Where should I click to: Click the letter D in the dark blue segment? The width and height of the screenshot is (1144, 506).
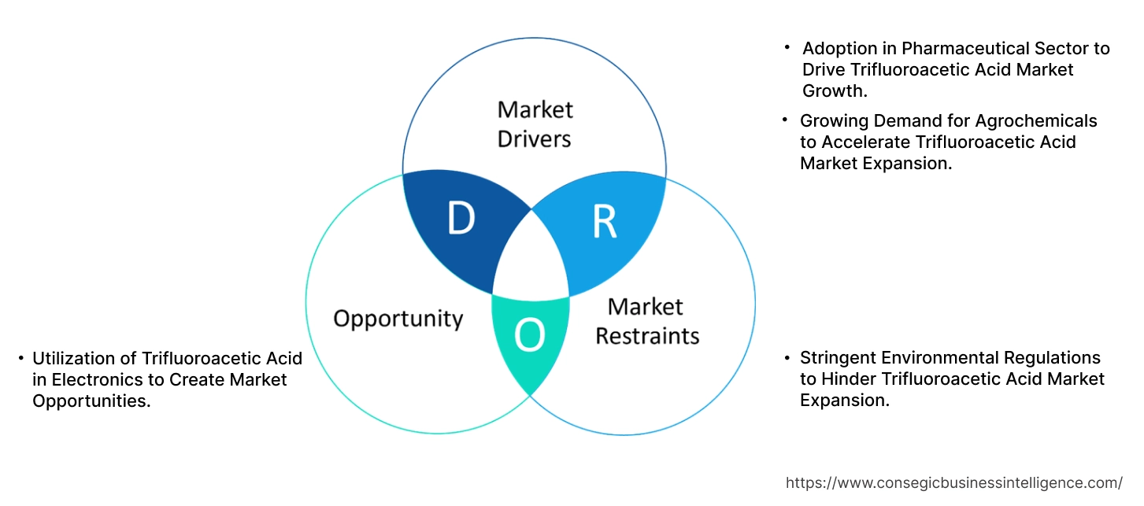click(x=461, y=220)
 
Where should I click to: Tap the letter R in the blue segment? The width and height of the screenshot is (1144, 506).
click(x=605, y=223)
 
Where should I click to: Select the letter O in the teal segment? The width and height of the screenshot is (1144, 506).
click(x=529, y=337)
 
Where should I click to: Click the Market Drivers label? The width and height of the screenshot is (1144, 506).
click(x=535, y=124)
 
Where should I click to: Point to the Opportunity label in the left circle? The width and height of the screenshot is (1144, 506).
click(x=398, y=319)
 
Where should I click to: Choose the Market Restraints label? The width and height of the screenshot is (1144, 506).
click(x=646, y=321)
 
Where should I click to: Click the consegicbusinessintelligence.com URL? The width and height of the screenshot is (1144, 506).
click(x=954, y=483)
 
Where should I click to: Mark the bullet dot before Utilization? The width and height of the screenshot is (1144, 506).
click(x=21, y=359)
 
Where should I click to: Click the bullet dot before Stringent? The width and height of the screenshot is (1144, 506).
click(x=787, y=359)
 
